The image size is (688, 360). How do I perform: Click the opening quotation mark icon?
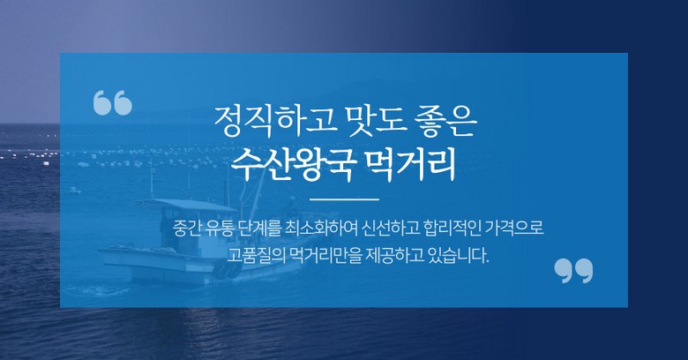(x=113, y=102)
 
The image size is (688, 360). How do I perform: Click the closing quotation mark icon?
(x=573, y=270)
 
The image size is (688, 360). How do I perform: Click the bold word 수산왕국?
(x=292, y=166)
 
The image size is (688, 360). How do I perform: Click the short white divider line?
(x=344, y=199)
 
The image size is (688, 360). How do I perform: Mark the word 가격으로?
(x=515, y=229)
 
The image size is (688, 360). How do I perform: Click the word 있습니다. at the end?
(x=459, y=255)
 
